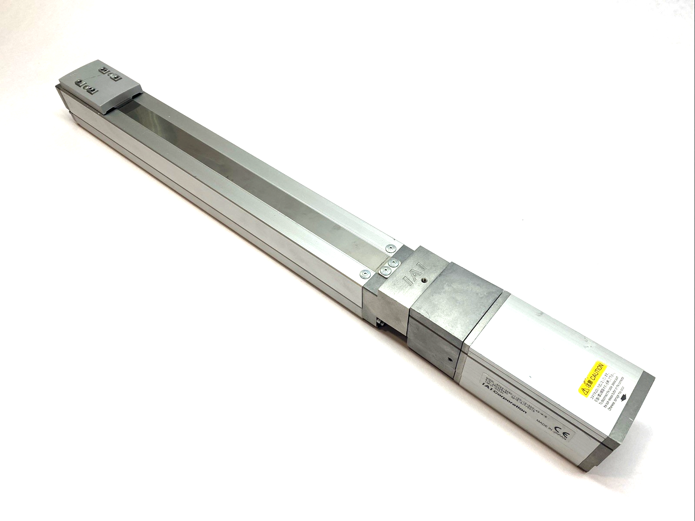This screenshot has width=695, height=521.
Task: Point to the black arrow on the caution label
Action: (x=625, y=397)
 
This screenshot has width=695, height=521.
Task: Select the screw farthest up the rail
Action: (x=389, y=248)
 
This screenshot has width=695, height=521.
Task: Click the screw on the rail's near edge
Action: (x=364, y=274)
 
